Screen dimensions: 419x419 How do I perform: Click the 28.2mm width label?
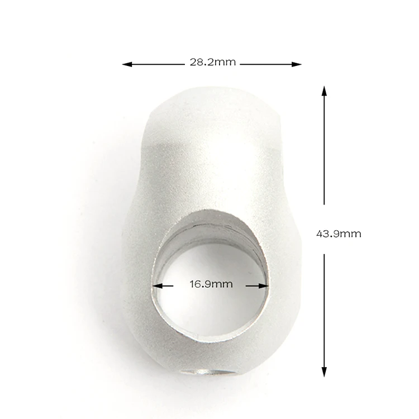coord(213,62)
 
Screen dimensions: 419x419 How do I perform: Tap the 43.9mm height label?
coord(339,234)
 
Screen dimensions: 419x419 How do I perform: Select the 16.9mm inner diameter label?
coord(211,284)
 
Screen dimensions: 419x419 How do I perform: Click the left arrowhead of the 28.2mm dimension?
coord(127,64)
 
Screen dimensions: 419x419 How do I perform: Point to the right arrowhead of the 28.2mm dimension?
coord(296,64)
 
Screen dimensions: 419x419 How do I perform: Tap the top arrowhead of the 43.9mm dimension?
coord(324,91)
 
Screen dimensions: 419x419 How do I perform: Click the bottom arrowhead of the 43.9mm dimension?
coord(324,372)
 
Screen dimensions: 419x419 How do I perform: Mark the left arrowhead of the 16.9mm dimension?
coord(158,286)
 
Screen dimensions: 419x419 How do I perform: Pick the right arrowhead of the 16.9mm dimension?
coord(264,286)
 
